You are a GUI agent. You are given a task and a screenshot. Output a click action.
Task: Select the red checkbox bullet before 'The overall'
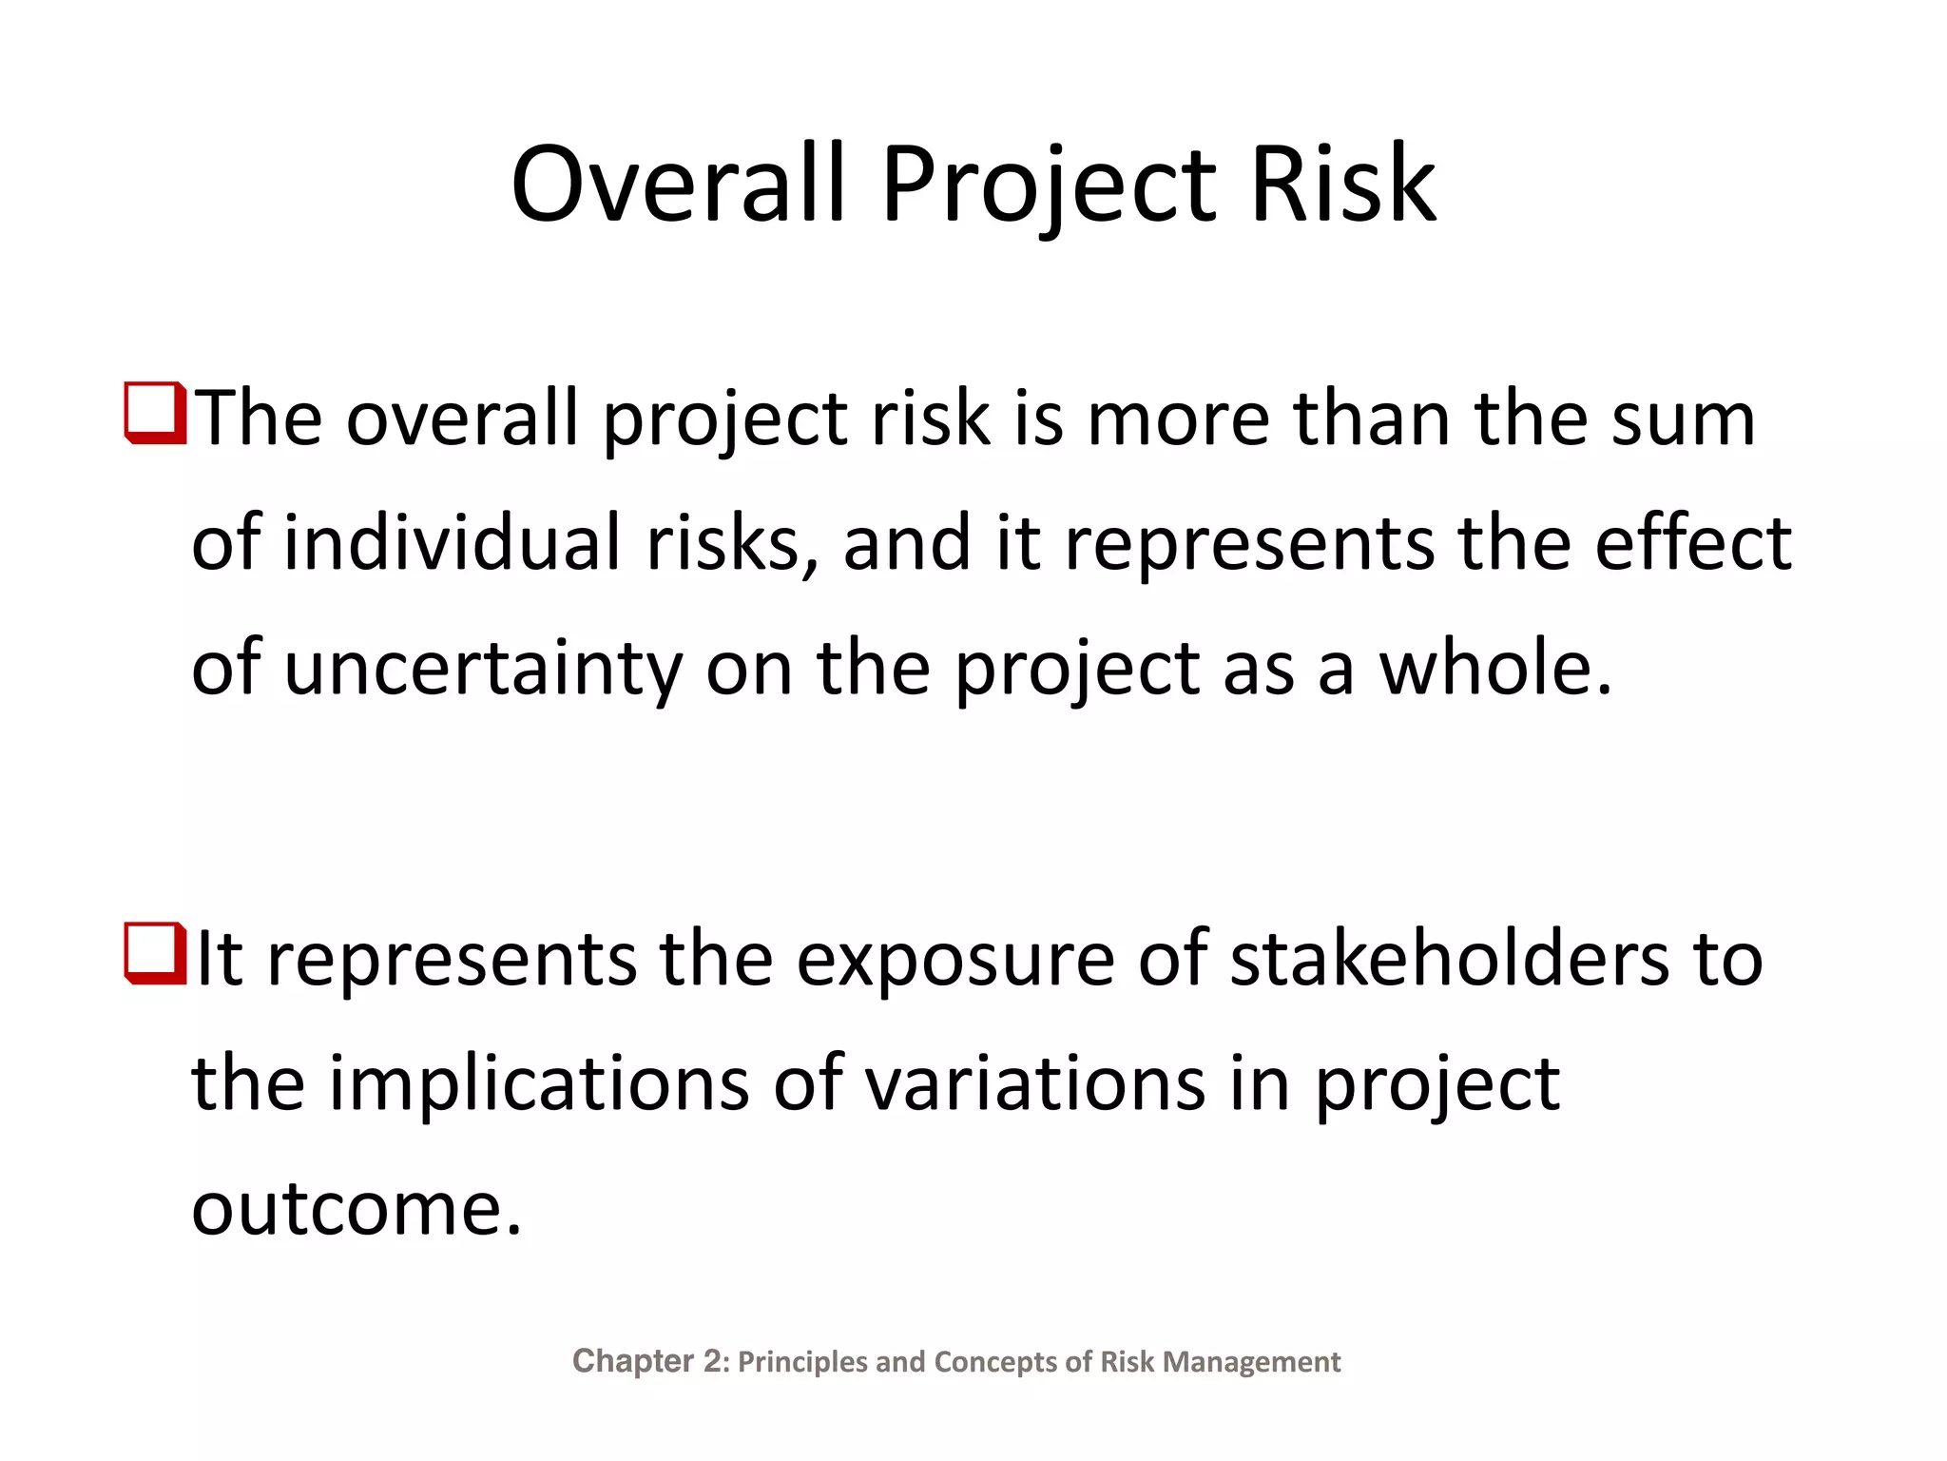pos(155,413)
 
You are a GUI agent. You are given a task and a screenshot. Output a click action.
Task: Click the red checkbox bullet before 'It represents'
pos(155,953)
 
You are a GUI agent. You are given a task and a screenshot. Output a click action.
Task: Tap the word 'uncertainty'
pos(483,669)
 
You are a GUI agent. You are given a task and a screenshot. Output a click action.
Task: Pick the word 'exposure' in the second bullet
pos(954,961)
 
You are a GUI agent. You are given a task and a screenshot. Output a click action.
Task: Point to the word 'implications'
pos(538,1084)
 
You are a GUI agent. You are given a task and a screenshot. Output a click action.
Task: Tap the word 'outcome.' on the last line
pos(357,1210)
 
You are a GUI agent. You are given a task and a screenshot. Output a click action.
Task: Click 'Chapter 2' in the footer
pos(648,1361)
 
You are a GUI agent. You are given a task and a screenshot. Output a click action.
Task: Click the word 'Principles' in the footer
pos(803,1362)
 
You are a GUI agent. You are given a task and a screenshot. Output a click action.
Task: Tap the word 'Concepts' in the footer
pos(994,1362)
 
